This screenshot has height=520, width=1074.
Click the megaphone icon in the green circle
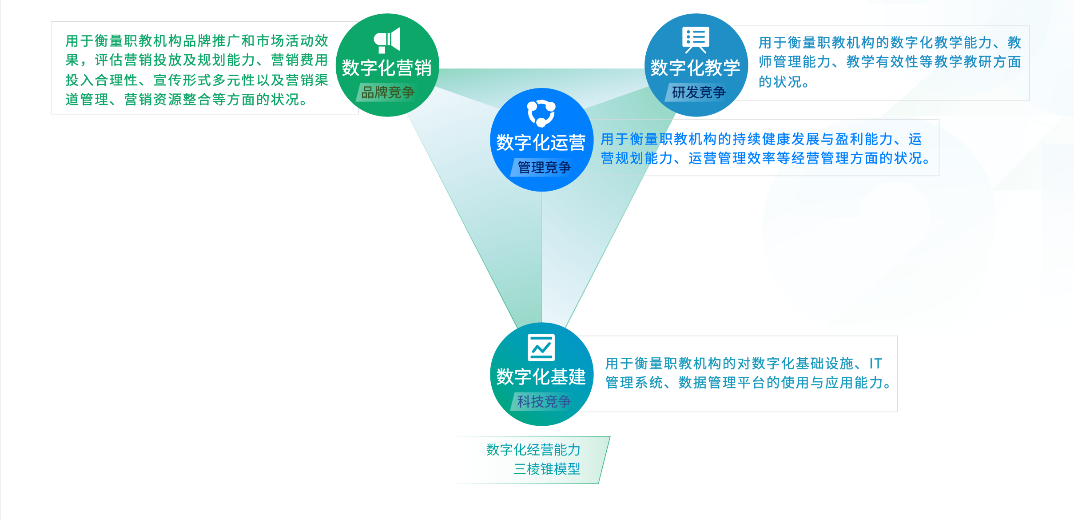387,40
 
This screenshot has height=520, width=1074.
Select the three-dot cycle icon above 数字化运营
541,113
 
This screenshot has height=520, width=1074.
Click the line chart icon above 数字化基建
541,347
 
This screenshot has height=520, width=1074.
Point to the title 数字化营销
387,68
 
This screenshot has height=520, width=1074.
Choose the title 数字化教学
696,68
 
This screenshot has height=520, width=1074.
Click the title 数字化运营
541,143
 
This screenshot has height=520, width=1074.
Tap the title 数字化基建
541,377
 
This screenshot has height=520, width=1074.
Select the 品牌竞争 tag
387,92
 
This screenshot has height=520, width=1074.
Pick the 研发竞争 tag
698,92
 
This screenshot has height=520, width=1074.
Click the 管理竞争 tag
544,168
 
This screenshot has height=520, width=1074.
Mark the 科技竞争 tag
544,402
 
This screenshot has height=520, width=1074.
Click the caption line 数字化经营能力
533,450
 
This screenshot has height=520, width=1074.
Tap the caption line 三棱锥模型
547,469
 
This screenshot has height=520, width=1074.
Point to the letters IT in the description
875,364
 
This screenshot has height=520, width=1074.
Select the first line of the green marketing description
197,41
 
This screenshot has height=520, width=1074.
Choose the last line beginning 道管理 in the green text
187,100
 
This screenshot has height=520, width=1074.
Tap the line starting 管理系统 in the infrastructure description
749,383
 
